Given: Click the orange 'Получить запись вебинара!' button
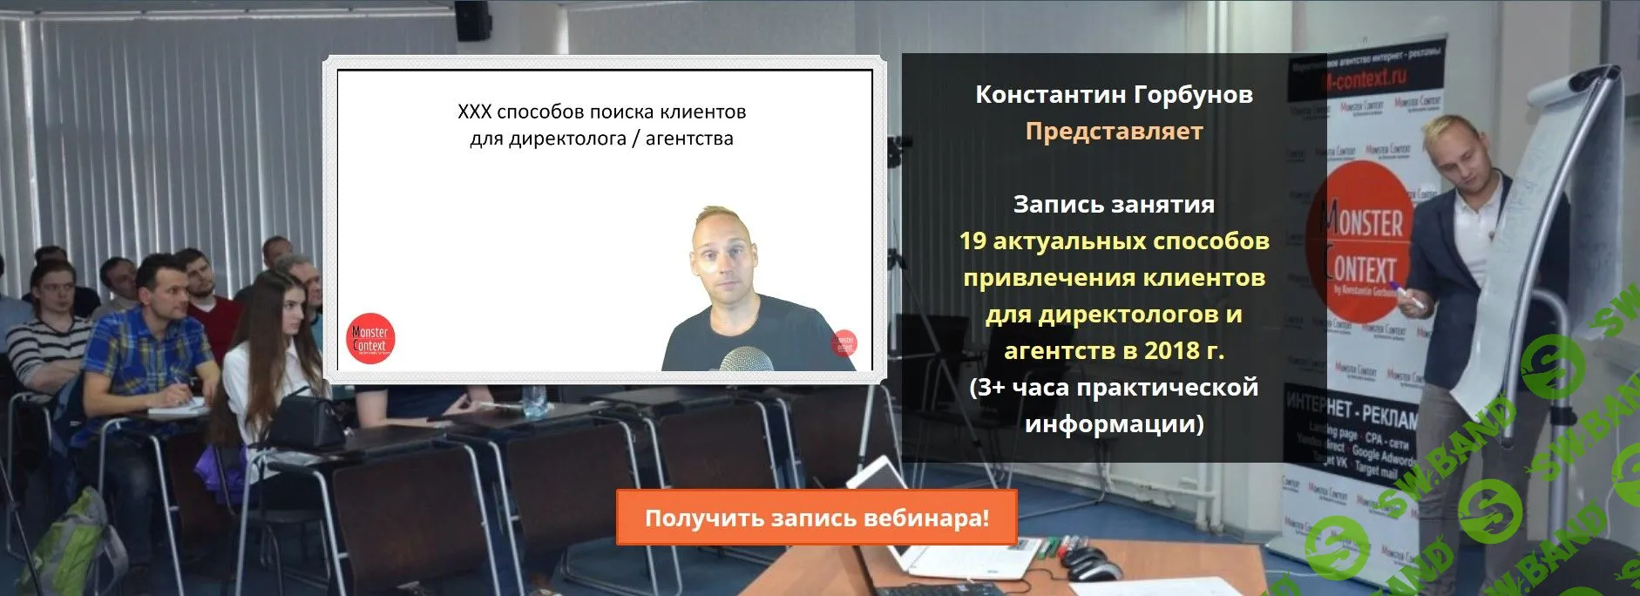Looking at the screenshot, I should click(817, 518).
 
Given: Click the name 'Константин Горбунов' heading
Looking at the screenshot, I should click(1114, 94).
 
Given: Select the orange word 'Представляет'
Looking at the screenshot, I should click(1114, 131).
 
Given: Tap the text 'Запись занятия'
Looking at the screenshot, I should click(1114, 204).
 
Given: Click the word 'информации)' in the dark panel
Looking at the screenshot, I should click(1114, 423).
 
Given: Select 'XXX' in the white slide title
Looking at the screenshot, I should click(474, 112).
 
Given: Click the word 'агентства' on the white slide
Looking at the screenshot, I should click(689, 139).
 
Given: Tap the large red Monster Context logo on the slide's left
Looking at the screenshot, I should click(370, 338).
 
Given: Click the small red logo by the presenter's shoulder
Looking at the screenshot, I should click(844, 342).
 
